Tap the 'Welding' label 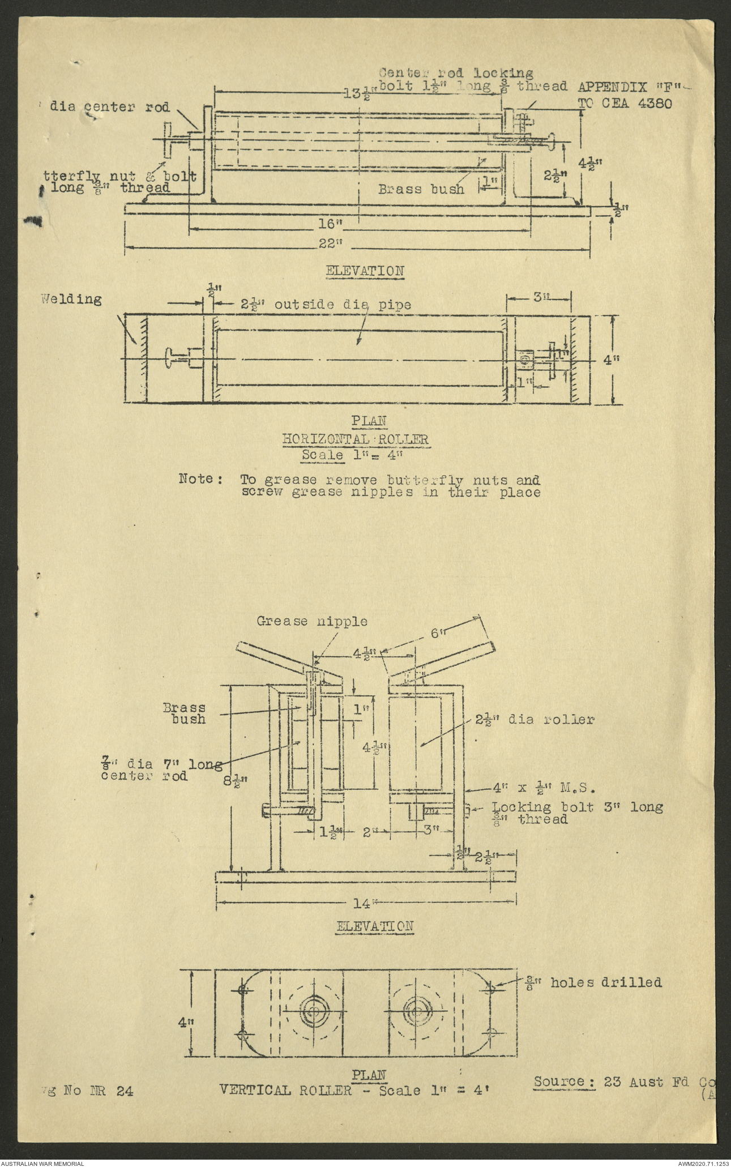tap(71, 300)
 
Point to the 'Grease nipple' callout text tap(311, 621)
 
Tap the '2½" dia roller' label tap(535, 720)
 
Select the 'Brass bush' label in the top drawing tap(421, 189)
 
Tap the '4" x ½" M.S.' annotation tap(542, 787)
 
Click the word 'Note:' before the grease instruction tap(200, 479)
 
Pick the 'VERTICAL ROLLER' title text tap(285, 1089)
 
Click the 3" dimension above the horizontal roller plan tap(540, 296)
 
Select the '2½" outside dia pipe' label tap(325, 305)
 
